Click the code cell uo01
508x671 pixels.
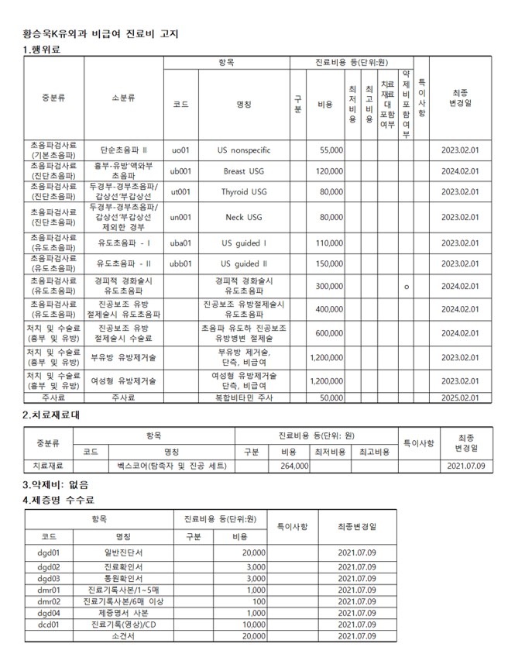pos(180,150)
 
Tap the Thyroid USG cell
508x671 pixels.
pos(245,191)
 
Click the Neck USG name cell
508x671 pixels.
pos(245,217)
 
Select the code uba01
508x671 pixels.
pos(180,243)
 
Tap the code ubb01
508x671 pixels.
pos(180,263)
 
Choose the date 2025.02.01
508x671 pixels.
pos(460,397)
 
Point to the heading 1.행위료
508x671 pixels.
pos(42,50)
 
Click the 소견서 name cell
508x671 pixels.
pos(123,636)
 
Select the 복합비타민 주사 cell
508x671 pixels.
pos(245,397)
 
